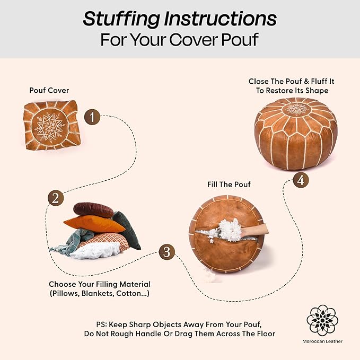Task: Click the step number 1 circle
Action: (92, 117)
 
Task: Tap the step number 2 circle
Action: (56, 198)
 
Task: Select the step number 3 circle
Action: (167, 252)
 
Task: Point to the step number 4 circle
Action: (301, 180)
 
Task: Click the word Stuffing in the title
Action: (121, 19)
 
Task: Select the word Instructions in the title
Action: (220, 19)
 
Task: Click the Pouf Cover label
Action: (49, 90)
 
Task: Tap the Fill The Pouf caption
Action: (229, 185)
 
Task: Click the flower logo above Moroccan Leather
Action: (322, 320)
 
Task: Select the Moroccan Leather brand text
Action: (322, 341)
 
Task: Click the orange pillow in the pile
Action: (94, 224)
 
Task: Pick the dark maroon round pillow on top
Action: (93, 210)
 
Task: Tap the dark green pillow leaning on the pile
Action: (127, 230)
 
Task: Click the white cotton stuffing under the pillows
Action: (95, 251)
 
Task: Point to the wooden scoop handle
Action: (255, 230)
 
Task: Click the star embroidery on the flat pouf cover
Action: (50, 127)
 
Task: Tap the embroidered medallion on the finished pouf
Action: (296, 109)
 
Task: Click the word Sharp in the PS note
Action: (140, 324)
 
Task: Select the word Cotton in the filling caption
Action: (128, 293)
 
